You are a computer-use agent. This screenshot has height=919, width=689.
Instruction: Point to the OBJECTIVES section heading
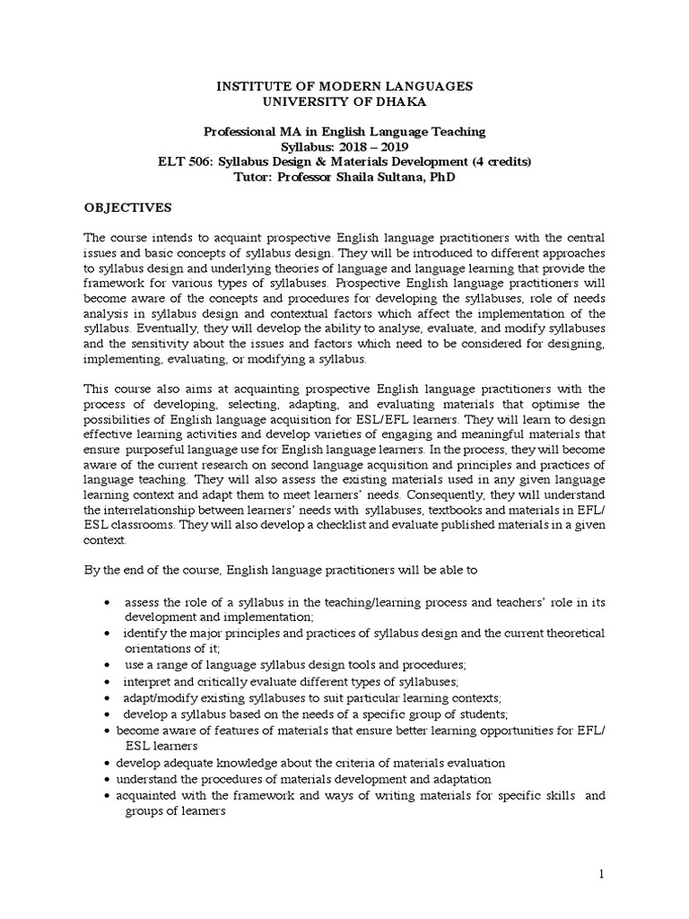[x=127, y=207]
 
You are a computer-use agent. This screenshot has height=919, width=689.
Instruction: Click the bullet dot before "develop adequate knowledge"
[x=108, y=762]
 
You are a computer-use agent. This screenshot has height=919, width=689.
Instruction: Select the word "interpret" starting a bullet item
[x=148, y=681]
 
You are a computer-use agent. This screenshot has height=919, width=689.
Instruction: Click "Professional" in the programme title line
[x=240, y=131]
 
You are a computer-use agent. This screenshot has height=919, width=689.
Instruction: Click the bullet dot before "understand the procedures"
[x=108, y=779]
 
